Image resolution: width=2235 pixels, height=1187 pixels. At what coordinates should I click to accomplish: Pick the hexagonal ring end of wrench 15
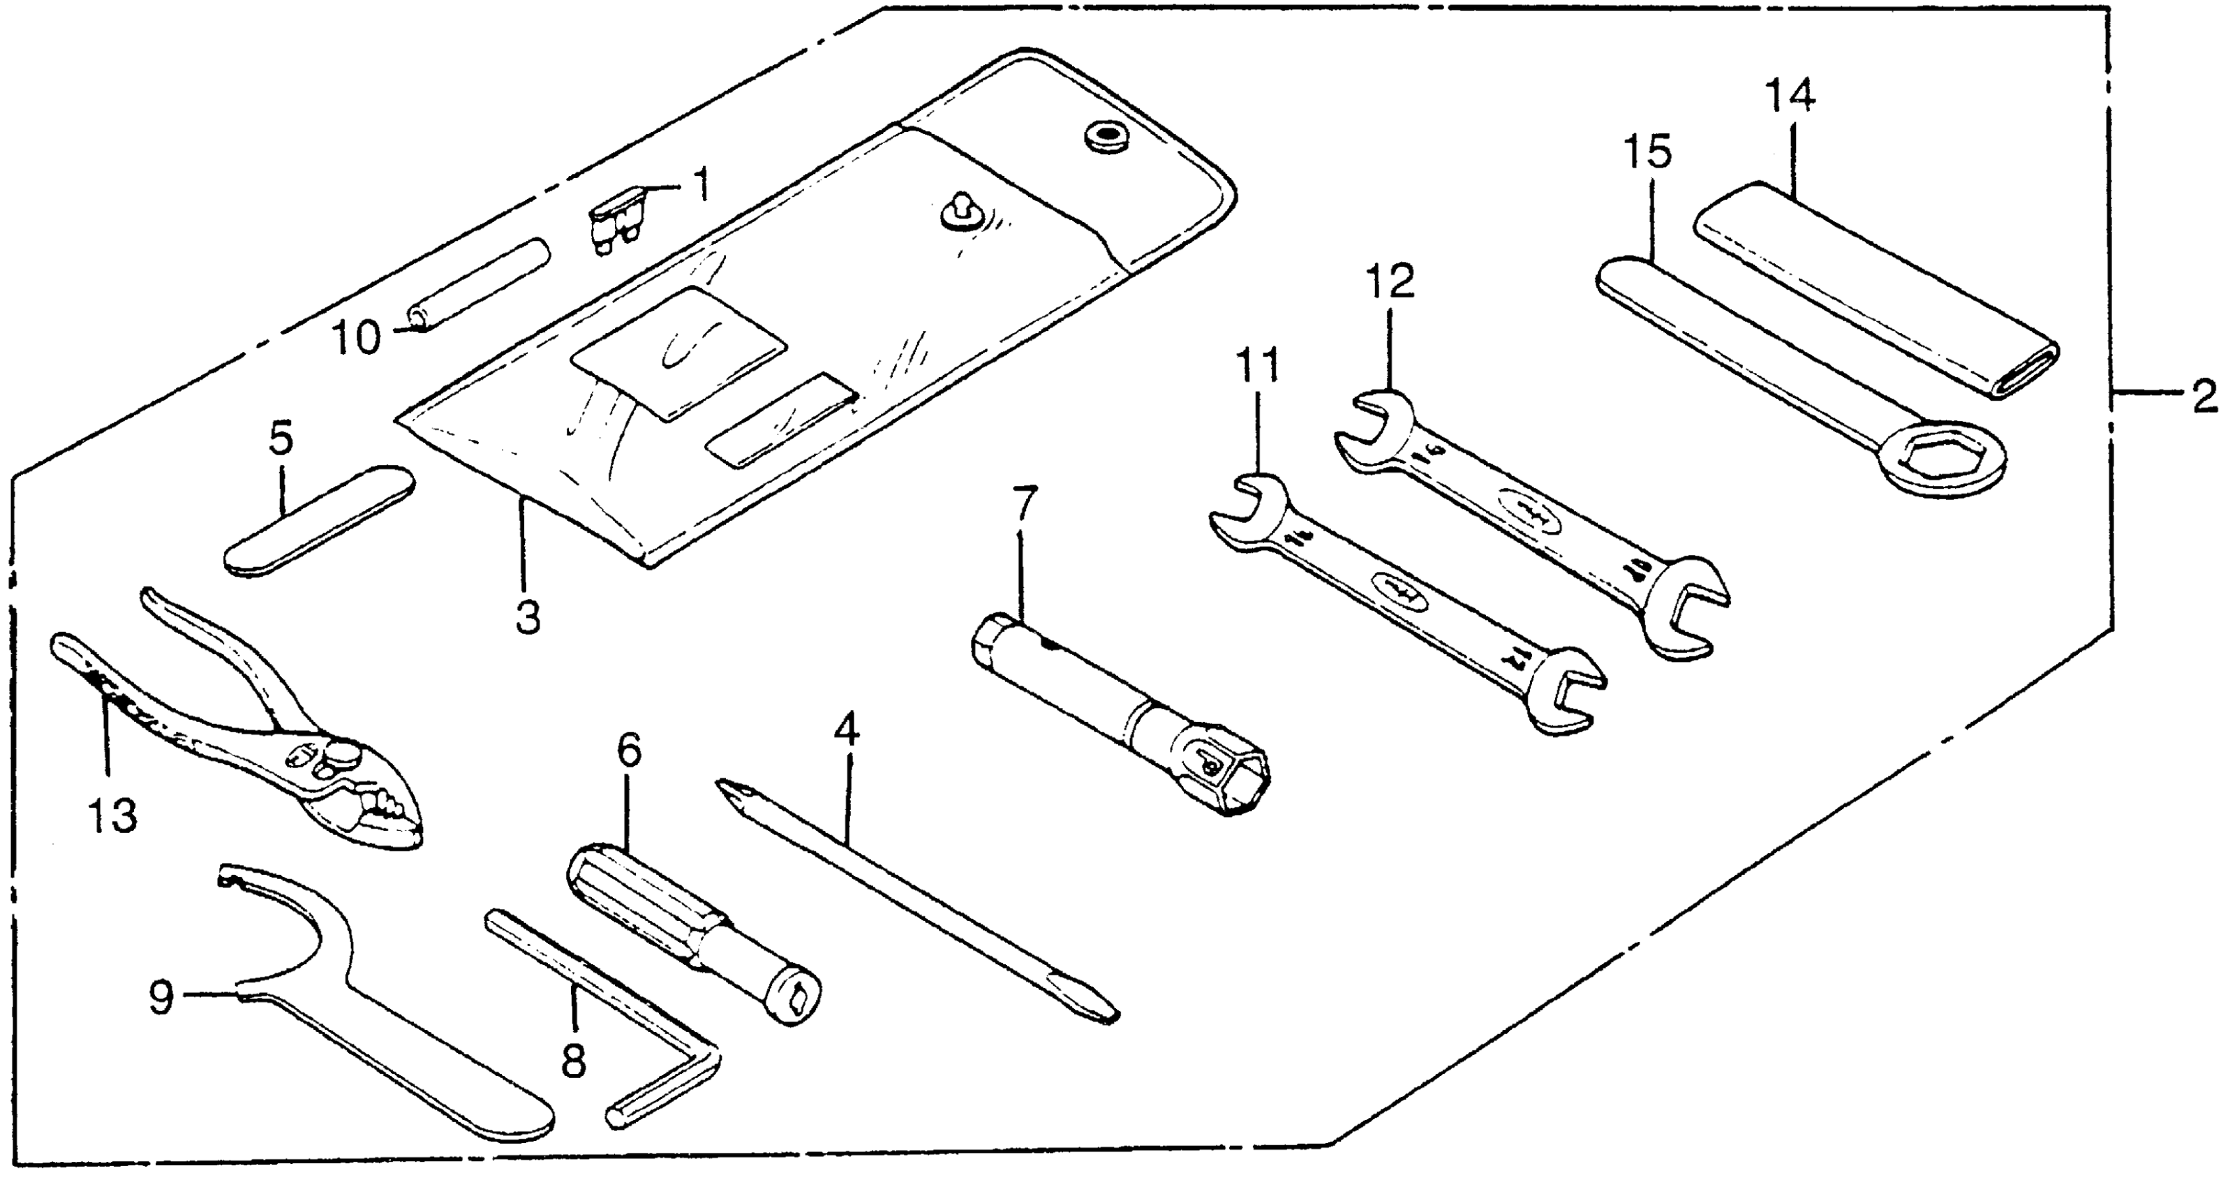coord(1947,462)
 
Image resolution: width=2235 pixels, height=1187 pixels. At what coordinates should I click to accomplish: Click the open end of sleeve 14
coord(2028,369)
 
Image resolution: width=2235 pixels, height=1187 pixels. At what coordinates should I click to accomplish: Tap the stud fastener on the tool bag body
coord(963,212)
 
